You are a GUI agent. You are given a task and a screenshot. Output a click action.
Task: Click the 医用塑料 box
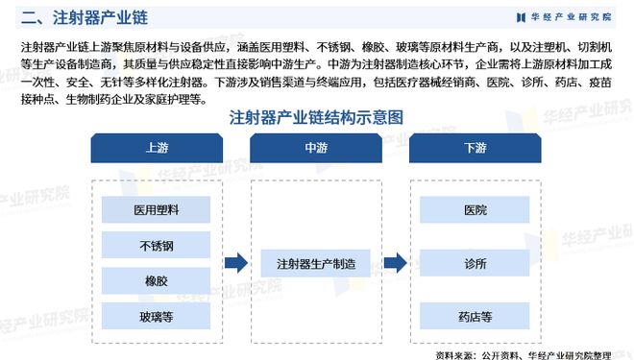155,209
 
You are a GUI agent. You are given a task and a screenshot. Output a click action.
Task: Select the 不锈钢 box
155,245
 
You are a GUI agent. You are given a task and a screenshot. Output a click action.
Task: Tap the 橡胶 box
155,280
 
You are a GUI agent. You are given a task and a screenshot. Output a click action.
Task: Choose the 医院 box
475,209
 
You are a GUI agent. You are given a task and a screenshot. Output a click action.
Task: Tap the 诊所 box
475,262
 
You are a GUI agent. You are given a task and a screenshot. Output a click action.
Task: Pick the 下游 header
475,148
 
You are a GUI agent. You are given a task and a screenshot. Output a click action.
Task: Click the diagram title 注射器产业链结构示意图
316,117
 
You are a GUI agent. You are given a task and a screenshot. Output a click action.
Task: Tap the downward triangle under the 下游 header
475,170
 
